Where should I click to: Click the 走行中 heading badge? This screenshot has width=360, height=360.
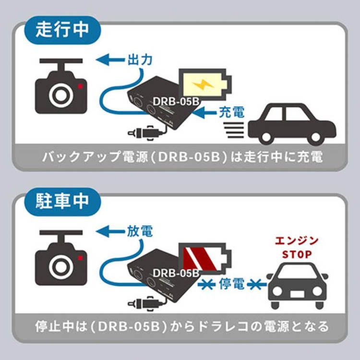(62, 29)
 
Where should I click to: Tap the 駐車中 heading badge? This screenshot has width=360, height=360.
(62, 201)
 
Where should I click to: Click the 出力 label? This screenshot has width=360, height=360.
(140, 60)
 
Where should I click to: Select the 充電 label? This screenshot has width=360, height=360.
(231, 112)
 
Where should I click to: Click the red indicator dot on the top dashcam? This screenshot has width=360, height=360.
(80, 86)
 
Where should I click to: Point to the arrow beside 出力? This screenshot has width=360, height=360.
(110, 60)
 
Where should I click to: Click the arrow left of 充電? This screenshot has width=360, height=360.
(206, 113)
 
